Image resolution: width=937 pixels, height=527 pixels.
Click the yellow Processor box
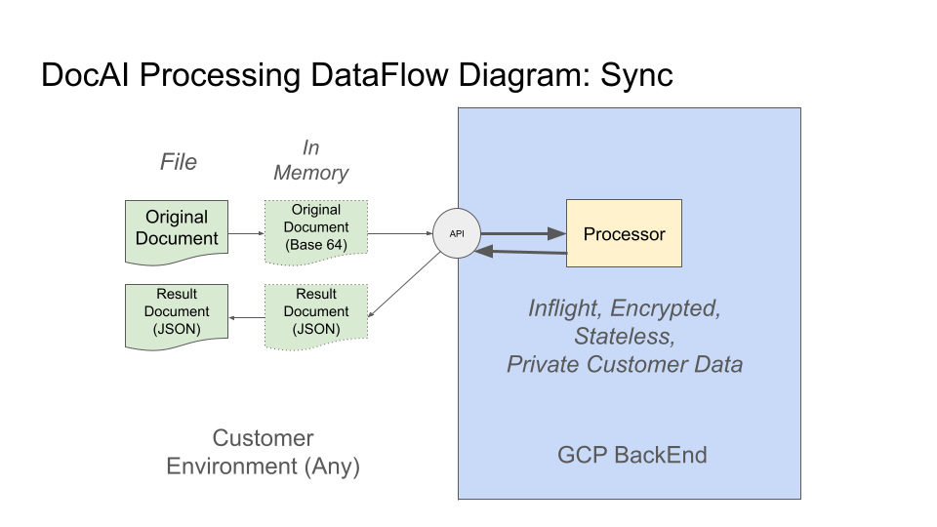click(624, 233)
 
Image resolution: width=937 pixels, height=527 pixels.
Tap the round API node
click(457, 234)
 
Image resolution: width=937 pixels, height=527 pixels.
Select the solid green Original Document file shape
click(177, 230)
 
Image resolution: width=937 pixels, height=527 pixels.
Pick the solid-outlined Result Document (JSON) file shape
click(177, 314)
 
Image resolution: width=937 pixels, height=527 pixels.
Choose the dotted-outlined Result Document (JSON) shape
click(316, 314)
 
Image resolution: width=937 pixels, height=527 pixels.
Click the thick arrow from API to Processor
click(523, 233)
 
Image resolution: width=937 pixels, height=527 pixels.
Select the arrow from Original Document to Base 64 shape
click(246, 234)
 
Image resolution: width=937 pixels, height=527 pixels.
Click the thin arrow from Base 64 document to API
click(400, 234)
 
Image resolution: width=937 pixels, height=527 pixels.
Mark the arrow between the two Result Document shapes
click(246, 316)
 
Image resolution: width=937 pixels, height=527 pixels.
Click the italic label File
click(179, 162)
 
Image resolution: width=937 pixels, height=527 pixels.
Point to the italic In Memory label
click(310, 160)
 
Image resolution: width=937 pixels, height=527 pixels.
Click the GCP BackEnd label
click(631, 455)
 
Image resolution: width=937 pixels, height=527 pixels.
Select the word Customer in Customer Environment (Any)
click(264, 438)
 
